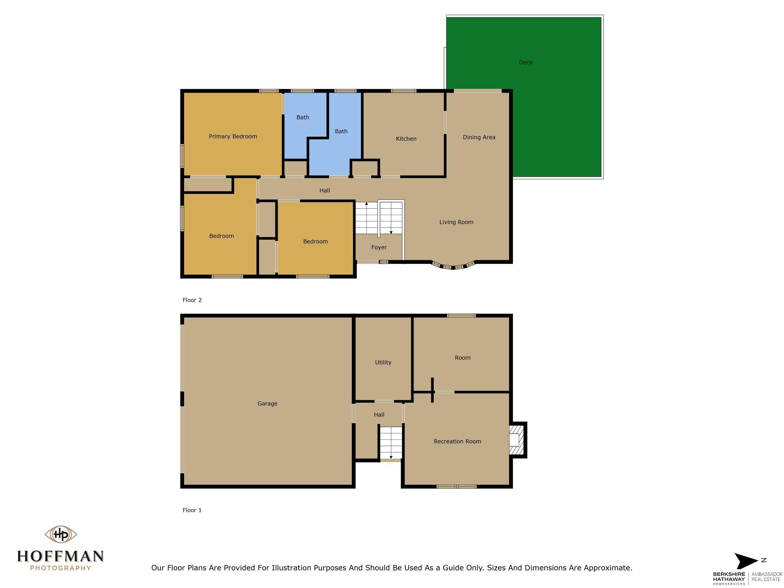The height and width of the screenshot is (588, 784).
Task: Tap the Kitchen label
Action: point(406,139)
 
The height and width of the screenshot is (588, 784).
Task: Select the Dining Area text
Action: point(479,137)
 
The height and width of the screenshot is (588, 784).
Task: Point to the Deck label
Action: point(525,62)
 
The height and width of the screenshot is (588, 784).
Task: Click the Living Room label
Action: point(456,222)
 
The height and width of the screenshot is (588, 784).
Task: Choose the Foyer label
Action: point(379,247)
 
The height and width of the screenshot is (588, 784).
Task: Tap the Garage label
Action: point(267,403)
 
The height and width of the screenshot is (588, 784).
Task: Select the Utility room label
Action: point(383,362)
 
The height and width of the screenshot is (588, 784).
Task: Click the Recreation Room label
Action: point(457,441)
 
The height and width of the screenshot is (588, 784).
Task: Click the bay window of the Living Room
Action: point(453,266)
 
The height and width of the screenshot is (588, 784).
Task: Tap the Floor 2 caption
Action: point(192,300)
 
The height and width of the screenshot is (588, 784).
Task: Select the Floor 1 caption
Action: point(192,510)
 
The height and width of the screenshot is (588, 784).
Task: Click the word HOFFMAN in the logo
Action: point(61,556)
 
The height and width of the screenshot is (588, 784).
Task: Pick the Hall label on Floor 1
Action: point(379,415)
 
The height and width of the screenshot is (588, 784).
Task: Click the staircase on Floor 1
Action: point(391,442)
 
